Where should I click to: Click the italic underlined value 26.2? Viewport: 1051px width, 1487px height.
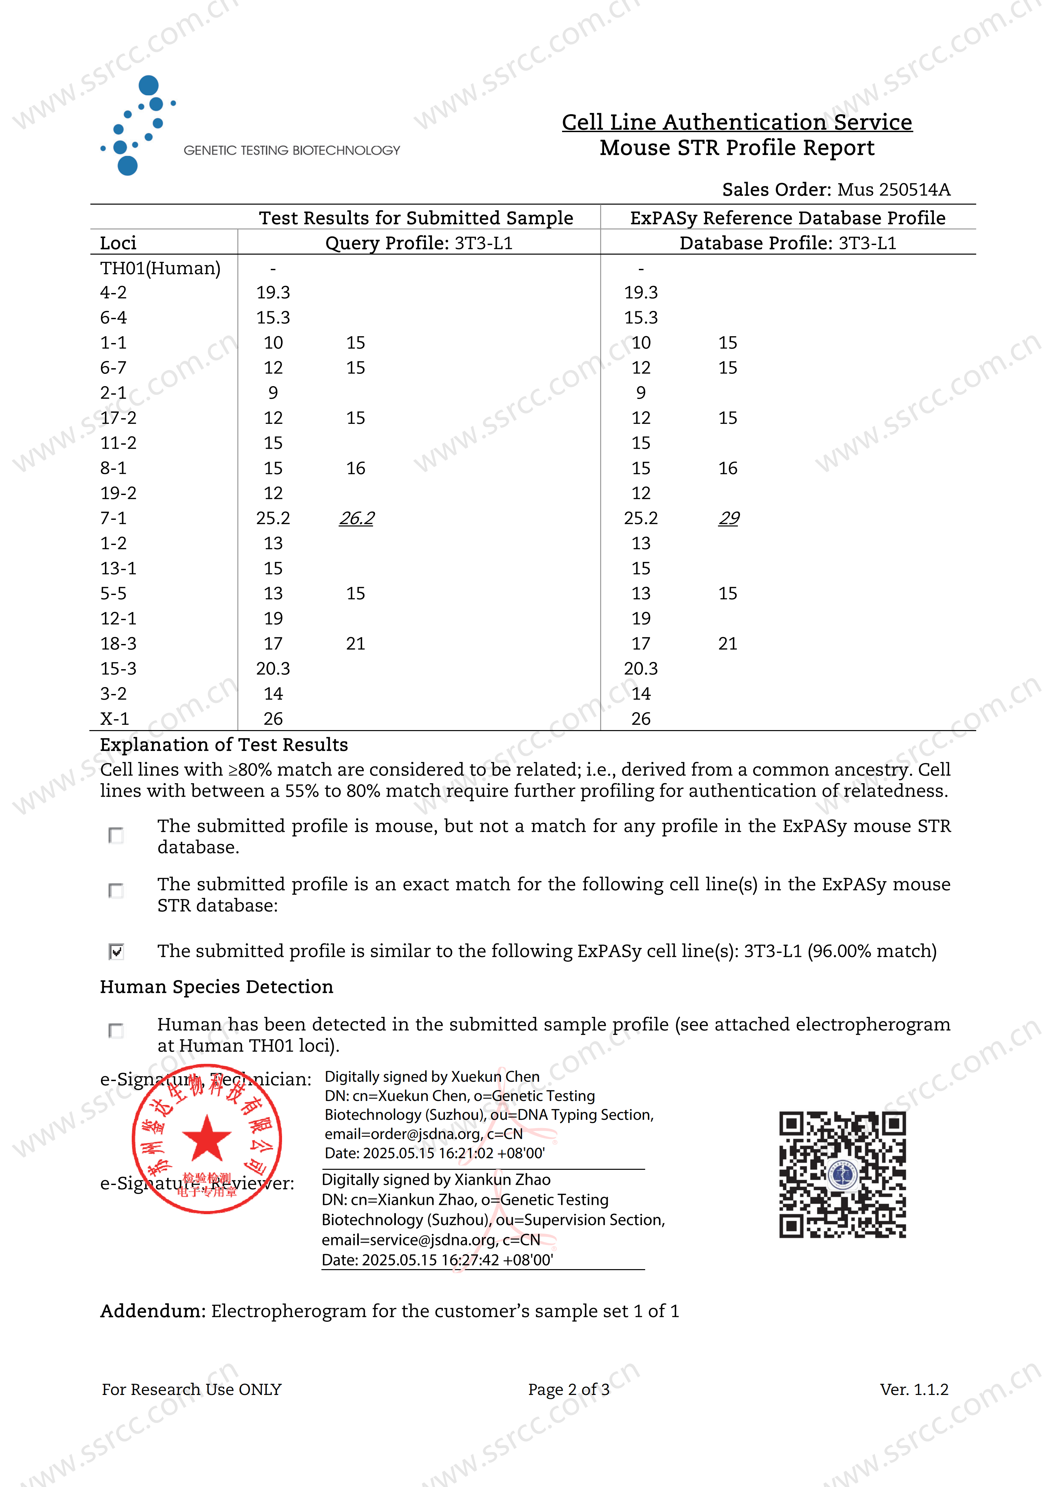(x=356, y=518)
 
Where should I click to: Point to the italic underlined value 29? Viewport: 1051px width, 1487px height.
(x=729, y=518)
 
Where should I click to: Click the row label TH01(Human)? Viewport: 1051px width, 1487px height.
(x=160, y=268)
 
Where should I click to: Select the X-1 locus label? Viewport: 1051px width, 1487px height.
(x=115, y=719)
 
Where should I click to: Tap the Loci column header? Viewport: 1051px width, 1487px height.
(x=118, y=243)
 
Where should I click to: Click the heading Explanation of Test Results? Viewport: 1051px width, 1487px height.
(x=223, y=745)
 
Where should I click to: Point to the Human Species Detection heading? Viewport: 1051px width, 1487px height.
(x=216, y=986)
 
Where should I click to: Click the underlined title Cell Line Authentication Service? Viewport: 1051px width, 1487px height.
(x=737, y=122)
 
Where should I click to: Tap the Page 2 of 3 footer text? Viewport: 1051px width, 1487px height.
(x=569, y=1389)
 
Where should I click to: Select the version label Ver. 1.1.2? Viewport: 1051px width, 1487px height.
(x=914, y=1389)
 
